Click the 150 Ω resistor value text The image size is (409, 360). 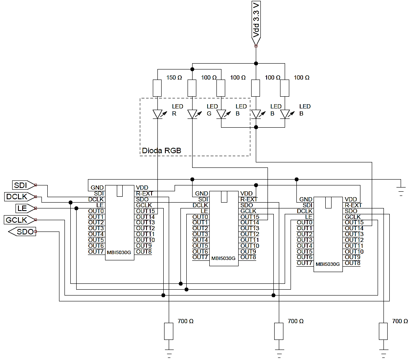pyautogui.click(x=174, y=78)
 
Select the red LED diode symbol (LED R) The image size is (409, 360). pyautogui.click(x=157, y=114)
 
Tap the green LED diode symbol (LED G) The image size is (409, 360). pyautogui.click(x=192, y=114)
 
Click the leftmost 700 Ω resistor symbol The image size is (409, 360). pyautogui.click(x=168, y=331)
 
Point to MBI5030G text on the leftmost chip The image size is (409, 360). pyautogui.click(x=119, y=252)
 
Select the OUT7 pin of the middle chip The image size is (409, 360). pyautogui.click(x=200, y=257)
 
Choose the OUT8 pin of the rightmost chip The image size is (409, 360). pyautogui.click(x=352, y=263)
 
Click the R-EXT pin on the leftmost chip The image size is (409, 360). pyautogui.click(x=144, y=193)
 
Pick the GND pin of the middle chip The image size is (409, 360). pyautogui.click(x=201, y=193)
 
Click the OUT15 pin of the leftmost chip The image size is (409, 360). pyautogui.click(x=145, y=211)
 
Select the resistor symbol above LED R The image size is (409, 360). pyautogui.click(x=157, y=88)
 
